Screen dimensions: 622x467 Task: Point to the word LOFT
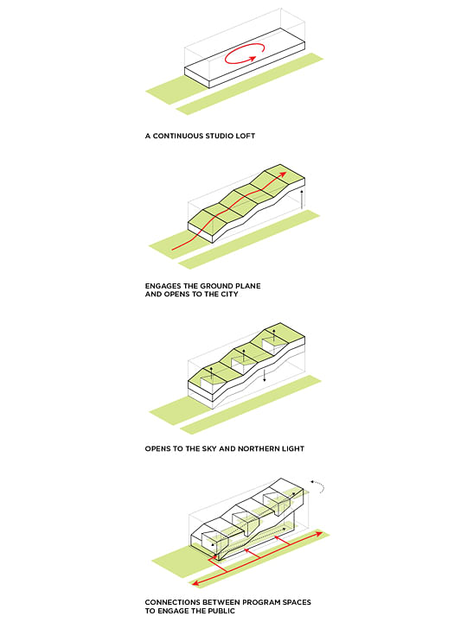(249, 136)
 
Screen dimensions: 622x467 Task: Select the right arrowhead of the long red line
(322, 535)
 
